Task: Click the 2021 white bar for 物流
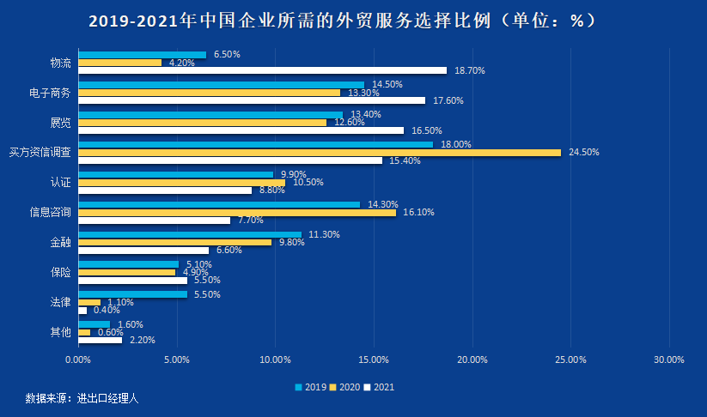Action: click(x=262, y=70)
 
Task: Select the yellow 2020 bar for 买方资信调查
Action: click(x=319, y=152)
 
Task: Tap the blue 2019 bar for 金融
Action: click(x=190, y=234)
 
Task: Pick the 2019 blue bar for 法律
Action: click(x=132, y=294)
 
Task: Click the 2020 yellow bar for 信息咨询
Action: click(x=236, y=212)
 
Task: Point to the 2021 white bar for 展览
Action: click(x=241, y=130)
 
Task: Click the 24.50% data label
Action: click(x=584, y=153)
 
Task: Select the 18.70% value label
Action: click(x=470, y=70)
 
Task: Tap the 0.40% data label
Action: click(x=107, y=310)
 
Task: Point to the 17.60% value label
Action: click(x=448, y=100)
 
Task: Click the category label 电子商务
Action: click(x=50, y=93)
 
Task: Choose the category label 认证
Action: click(x=60, y=182)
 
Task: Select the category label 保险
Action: click(x=60, y=272)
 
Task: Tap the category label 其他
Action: click(x=60, y=332)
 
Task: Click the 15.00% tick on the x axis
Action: click(x=374, y=360)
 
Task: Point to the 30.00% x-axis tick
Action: click(x=669, y=360)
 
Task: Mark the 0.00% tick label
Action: click(x=77, y=360)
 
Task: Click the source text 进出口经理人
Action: click(x=108, y=399)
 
